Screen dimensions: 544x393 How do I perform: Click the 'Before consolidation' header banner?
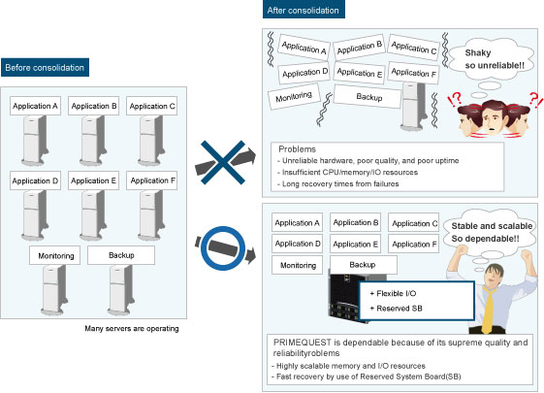(x=45, y=67)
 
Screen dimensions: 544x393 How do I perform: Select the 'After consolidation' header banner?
(x=304, y=10)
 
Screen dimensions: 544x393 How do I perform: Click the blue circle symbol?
(x=223, y=247)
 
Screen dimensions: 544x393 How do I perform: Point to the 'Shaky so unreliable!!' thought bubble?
(x=492, y=59)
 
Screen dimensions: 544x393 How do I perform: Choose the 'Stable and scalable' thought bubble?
(x=490, y=232)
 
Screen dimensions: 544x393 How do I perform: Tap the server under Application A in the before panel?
(x=34, y=141)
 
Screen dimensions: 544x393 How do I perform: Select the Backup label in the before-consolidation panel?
(x=121, y=255)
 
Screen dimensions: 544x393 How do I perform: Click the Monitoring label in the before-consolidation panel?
(x=55, y=255)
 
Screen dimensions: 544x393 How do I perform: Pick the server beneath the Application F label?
(x=151, y=215)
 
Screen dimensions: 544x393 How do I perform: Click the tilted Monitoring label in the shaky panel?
(x=294, y=96)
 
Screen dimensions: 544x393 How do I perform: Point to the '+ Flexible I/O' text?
(x=393, y=293)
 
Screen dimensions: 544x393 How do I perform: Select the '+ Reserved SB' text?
(x=397, y=309)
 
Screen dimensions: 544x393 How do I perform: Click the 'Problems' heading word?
(x=297, y=149)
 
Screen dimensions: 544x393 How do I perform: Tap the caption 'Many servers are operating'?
(x=132, y=328)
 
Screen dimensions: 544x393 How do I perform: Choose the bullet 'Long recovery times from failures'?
(x=338, y=183)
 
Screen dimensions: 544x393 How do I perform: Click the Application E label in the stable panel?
(x=355, y=245)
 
